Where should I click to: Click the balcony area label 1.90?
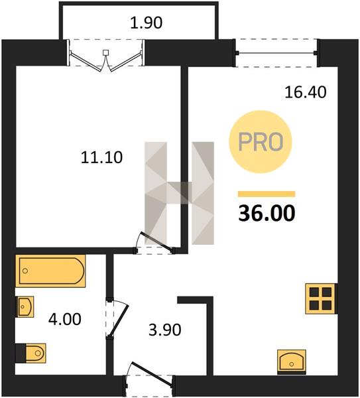pyautogui.click(x=146, y=23)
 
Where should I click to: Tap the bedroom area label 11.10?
pyautogui.click(x=101, y=157)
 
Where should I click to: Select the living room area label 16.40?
pyautogui.click(x=306, y=92)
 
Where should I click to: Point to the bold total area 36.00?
pyautogui.click(x=267, y=213)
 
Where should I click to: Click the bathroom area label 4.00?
pyautogui.click(x=65, y=319)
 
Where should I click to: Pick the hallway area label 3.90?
pyautogui.click(x=165, y=330)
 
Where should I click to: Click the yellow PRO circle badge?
pyautogui.click(x=261, y=142)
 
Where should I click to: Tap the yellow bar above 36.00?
pyautogui.click(x=267, y=194)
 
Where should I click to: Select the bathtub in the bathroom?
pyautogui.click(x=50, y=271)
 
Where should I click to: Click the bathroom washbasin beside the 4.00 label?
pyautogui.click(x=25, y=306)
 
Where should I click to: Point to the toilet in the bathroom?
pyautogui.click(x=31, y=353)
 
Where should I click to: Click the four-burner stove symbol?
pyautogui.click(x=321, y=298)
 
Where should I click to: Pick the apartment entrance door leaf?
pyautogui.click(x=152, y=373)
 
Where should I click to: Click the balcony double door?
pyautogui.click(x=106, y=56)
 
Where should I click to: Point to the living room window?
pyautogui.click(x=276, y=53)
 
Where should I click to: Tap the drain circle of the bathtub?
pyautogui.click(x=25, y=271)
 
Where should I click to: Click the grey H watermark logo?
pyautogui.click(x=179, y=194)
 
